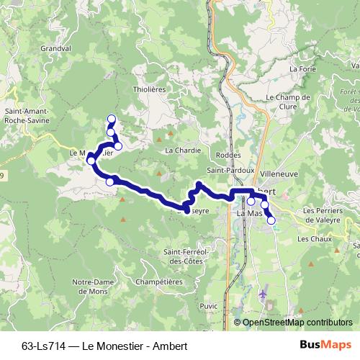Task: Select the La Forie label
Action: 303,69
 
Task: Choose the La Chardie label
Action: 180,150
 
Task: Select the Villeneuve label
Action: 280,174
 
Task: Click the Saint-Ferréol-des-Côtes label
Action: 186,256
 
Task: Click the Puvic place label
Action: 210,306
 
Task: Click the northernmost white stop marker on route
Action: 112,119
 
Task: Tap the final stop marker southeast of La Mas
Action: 271,220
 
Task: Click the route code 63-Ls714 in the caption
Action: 45,346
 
